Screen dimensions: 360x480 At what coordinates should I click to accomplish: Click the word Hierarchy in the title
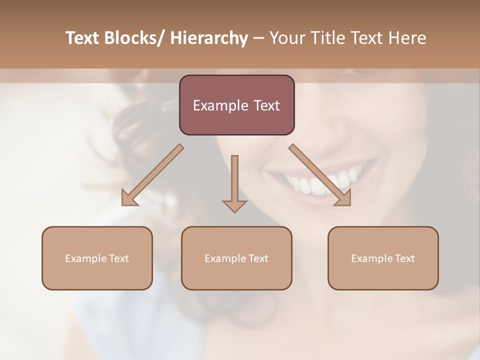(209, 38)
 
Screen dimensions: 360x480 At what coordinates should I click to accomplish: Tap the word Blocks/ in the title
(136, 38)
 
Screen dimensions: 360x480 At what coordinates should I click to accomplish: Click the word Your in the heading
(286, 38)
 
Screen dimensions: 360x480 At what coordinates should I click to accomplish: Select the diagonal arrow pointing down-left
(152, 175)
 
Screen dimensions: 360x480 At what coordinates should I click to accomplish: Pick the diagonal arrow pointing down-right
(320, 175)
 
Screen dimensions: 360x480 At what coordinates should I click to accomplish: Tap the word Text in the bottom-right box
(404, 258)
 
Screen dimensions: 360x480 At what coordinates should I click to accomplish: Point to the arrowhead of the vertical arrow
(234, 206)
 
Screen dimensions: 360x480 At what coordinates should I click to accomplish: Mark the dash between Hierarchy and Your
(258, 38)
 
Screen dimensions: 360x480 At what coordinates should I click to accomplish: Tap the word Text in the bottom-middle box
(258, 258)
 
